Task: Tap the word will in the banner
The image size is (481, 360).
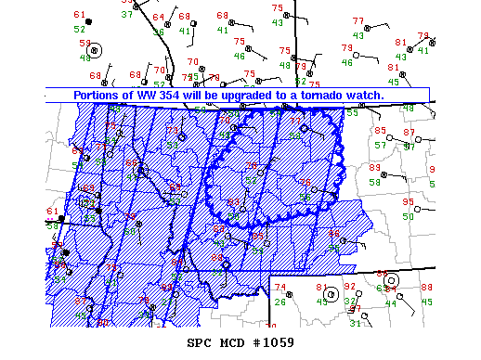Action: pos(209,95)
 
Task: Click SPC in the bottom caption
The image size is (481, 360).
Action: pos(200,342)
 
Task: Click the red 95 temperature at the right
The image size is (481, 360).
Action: pos(408,202)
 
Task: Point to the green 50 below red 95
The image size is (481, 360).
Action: pos(408,216)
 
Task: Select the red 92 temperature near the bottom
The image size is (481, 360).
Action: pos(349,287)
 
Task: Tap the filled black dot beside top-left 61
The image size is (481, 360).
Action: pos(89,21)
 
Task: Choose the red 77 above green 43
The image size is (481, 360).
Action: pos(358,20)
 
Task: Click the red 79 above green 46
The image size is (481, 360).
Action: pos(347,48)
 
